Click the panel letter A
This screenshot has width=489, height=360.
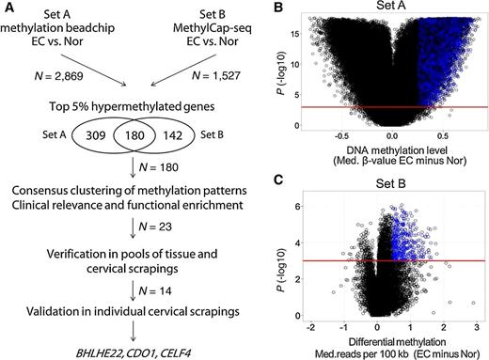(x=8, y=8)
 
